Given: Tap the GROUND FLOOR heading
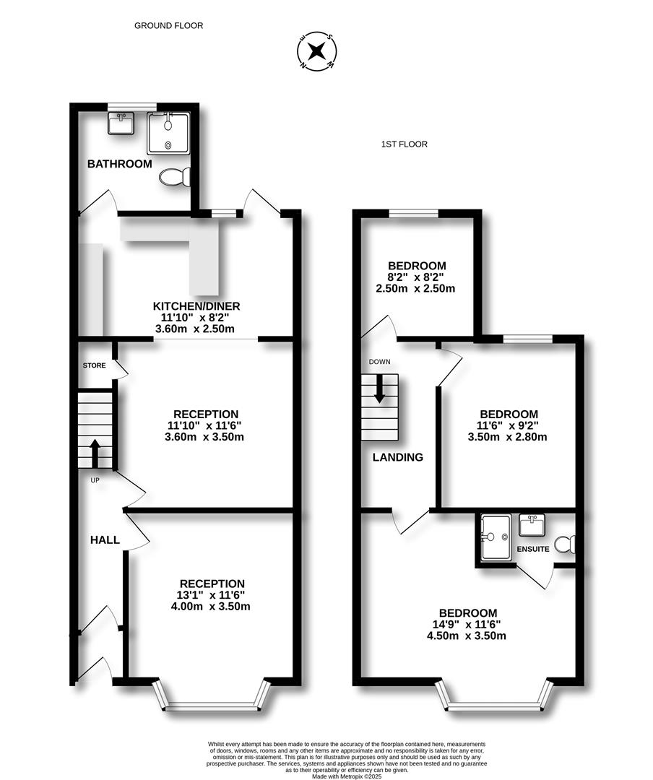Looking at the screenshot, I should coord(168,25).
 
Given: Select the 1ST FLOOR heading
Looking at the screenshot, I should coord(404,144).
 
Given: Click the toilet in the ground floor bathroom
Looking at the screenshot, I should coord(176,177).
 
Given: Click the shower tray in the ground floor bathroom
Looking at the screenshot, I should coord(168,134).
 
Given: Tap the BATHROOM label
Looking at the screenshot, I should coord(120,164).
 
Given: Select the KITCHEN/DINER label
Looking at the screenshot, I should coord(196,306).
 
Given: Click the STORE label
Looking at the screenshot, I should coord(94,365).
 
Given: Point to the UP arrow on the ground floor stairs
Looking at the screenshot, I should coord(95,454).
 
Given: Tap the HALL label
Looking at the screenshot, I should coord(105,540).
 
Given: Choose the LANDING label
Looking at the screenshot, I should coord(397,457).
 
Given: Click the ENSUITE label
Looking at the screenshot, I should coord(533,549).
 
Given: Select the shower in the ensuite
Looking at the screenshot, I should coord(496,537).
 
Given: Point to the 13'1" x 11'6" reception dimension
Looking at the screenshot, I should coord(212,595).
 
